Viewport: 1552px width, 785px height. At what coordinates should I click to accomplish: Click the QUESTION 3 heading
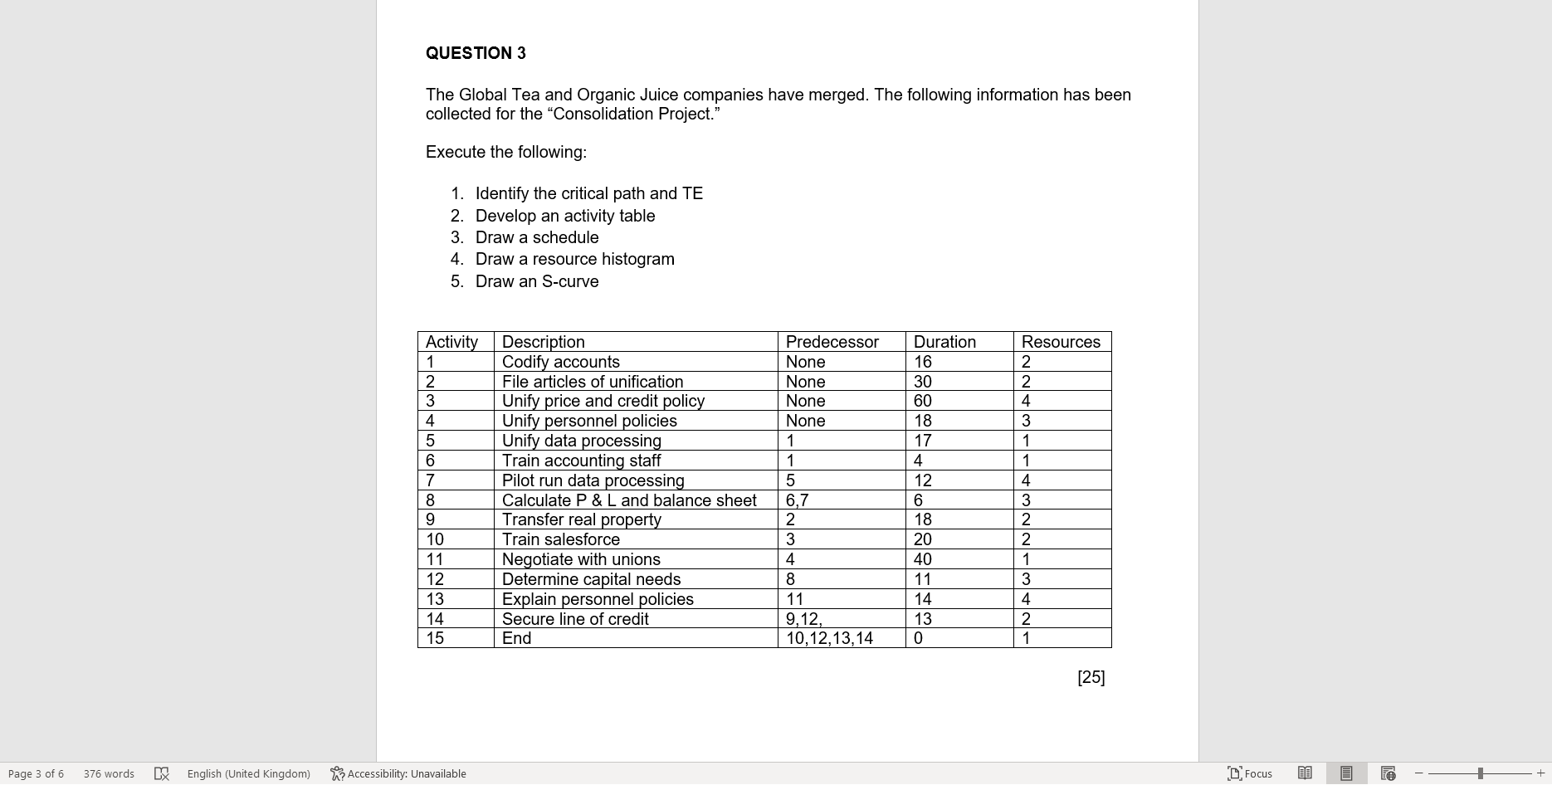tap(476, 53)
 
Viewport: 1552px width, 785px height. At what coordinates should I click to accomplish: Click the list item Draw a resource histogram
tap(574, 259)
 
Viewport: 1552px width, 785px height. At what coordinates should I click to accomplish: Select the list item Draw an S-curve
tap(536, 281)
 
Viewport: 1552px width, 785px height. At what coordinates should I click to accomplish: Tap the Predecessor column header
tap(832, 342)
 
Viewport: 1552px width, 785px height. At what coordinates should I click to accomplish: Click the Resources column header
tap(1060, 342)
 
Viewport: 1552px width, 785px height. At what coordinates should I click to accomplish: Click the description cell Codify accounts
tap(560, 362)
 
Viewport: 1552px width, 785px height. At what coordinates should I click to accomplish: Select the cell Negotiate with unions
tap(581, 559)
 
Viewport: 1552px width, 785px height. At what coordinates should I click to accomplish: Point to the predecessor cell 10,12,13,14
tap(829, 638)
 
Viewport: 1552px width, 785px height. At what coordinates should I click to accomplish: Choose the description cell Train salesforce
tap(560, 539)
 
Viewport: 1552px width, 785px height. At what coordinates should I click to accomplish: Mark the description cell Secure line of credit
tap(575, 619)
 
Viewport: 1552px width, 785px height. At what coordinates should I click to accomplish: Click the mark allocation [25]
tap(1091, 677)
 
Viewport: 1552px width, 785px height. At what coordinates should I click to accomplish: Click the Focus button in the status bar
tap(1250, 773)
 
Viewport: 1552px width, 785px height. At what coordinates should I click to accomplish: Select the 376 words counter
tap(109, 773)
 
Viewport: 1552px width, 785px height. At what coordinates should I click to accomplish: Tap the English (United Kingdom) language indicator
tap(248, 773)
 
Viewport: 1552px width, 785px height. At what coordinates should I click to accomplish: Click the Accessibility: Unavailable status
tap(398, 773)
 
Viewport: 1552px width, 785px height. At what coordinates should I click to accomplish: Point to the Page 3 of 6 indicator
tap(36, 773)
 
